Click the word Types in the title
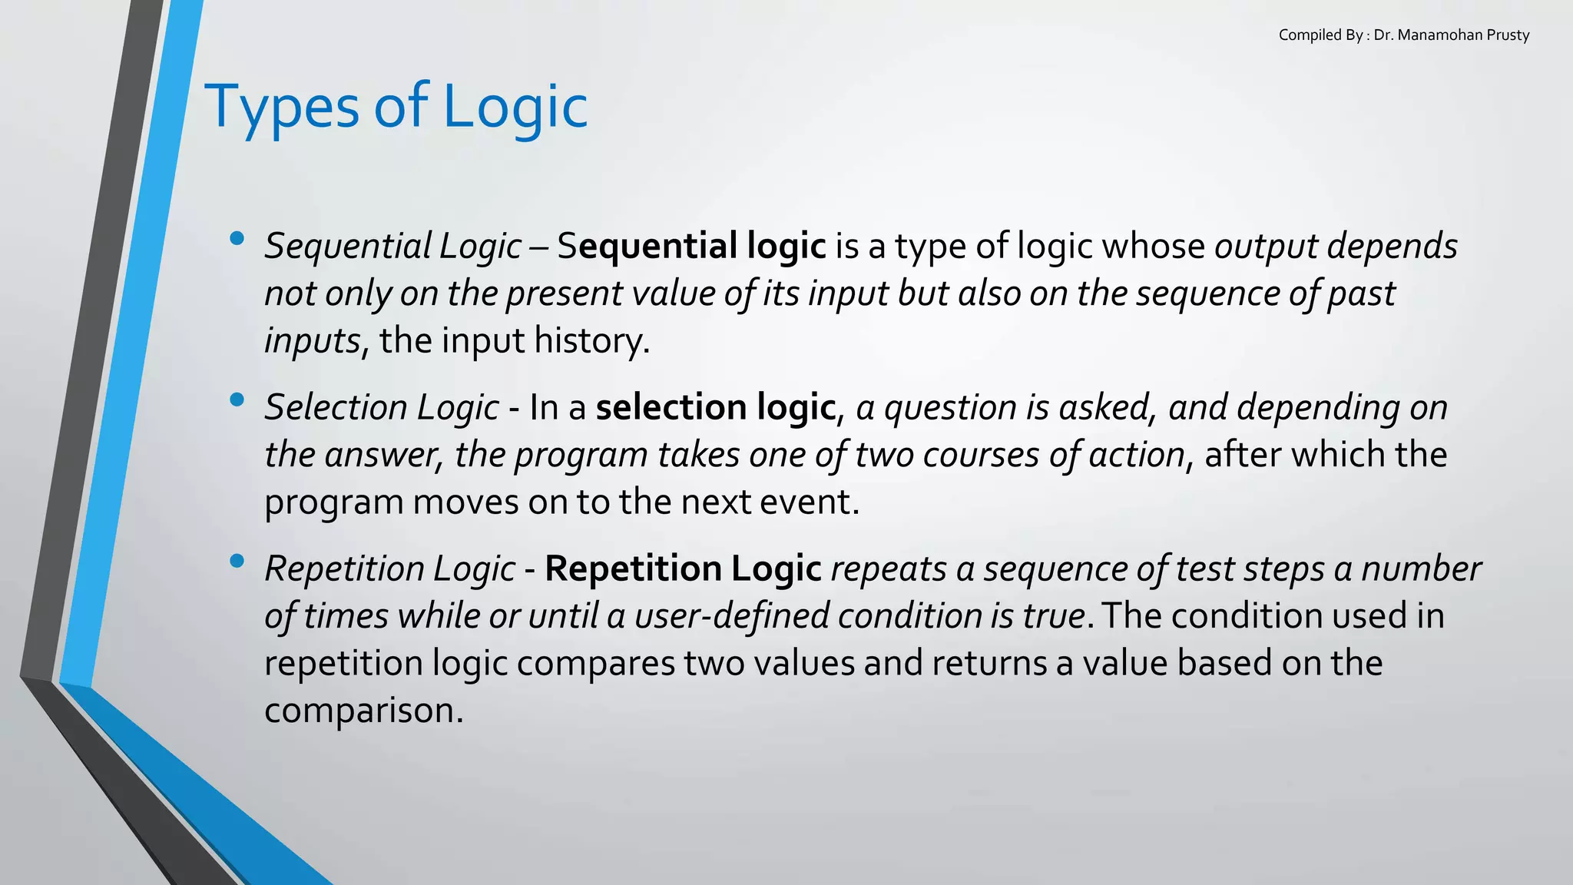click(x=282, y=108)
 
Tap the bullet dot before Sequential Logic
click(x=237, y=239)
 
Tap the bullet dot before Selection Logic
click(x=237, y=399)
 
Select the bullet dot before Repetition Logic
click(x=237, y=562)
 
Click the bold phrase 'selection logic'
click(x=715, y=407)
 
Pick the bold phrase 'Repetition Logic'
click(x=683, y=569)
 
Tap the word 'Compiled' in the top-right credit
click(x=1308, y=35)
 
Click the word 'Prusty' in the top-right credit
click(x=1508, y=35)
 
